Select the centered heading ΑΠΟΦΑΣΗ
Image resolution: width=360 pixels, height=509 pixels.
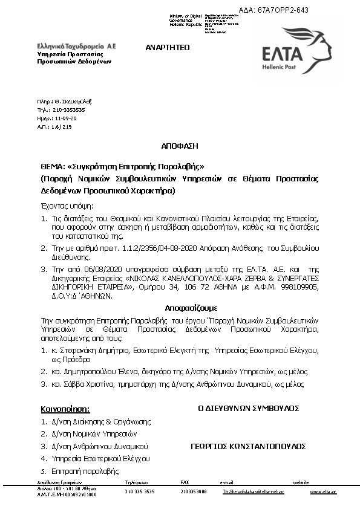[180, 146]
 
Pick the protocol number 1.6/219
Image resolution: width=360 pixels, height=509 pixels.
[62, 127]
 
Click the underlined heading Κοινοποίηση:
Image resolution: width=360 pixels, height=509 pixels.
[65, 409]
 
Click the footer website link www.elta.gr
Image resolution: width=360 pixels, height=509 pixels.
[323, 492]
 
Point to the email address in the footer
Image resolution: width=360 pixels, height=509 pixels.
[245, 492]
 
